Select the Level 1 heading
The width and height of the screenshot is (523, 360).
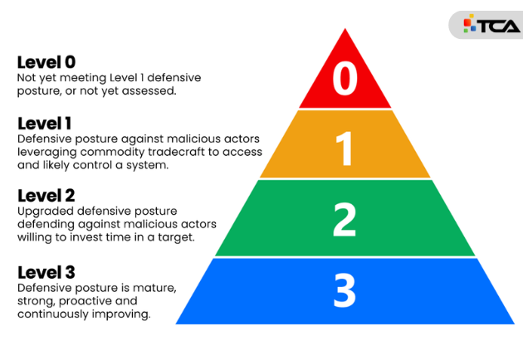click(45, 124)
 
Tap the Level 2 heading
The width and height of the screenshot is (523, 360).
click(46, 196)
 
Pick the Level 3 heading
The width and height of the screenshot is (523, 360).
click(46, 271)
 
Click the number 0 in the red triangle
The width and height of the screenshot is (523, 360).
click(345, 79)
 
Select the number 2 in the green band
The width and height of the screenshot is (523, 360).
click(345, 220)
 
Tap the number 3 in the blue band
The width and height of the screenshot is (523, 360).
click(345, 290)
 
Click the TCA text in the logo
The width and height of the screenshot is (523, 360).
click(498, 25)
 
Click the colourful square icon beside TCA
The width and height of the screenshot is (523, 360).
click(469, 24)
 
